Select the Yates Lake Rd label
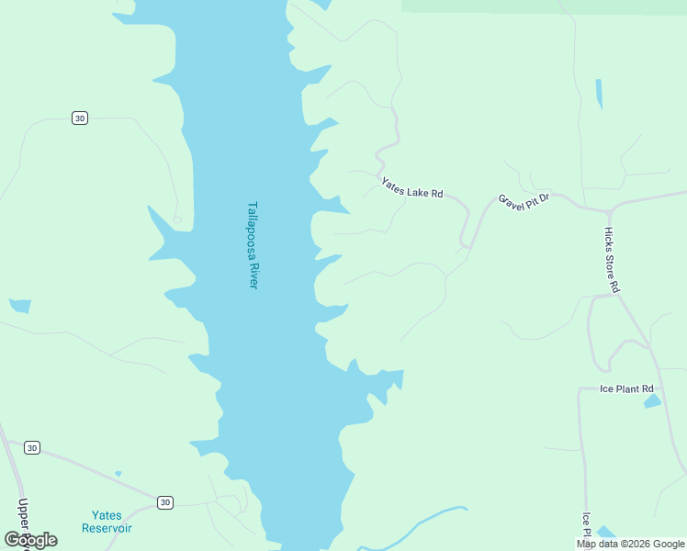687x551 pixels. pyautogui.click(x=413, y=187)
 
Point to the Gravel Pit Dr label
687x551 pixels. pyautogui.click(x=524, y=201)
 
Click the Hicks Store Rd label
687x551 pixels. pyautogui.click(x=613, y=260)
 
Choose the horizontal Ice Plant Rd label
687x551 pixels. pyautogui.click(x=626, y=389)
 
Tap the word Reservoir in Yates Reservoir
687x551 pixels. pyautogui.click(x=107, y=528)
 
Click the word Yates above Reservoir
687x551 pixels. pyautogui.click(x=107, y=515)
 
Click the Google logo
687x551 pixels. pyautogui.click(x=30, y=540)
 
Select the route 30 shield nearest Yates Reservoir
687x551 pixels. pyautogui.click(x=164, y=502)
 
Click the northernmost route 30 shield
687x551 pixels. pyautogui.click(x=80, y=118)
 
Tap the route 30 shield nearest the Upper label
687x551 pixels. pyautogui.click(x=32, y=447)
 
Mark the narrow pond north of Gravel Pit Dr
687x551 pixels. pyautogui.click(x=599, y=94)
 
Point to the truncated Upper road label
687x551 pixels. pyautogui.click(x=23, y=519)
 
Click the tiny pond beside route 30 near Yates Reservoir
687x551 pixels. pyautogui.click(x=118, y=474)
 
